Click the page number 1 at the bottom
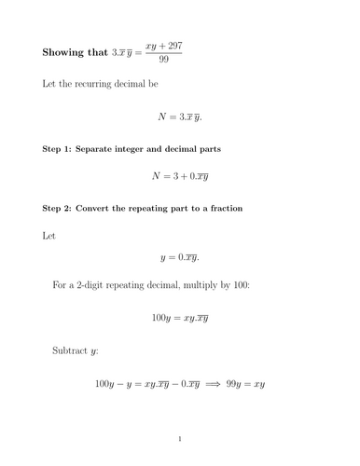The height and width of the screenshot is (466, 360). [x=180, y=437]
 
